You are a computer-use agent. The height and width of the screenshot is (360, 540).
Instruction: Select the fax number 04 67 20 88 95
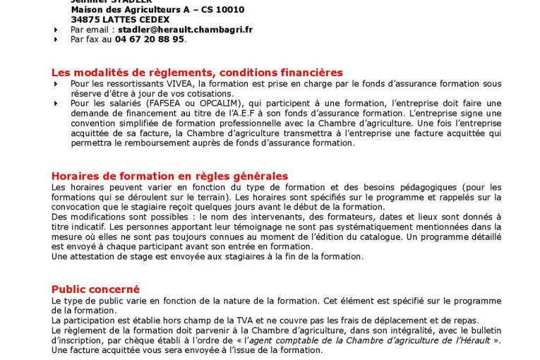[x=150, y=40]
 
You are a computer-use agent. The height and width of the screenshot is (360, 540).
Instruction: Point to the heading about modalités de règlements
[x=197, y=72]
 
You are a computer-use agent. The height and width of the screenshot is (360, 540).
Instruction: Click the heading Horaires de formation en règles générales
[x=169, y=176]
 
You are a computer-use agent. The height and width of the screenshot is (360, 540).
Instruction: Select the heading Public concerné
[x=95, y=289]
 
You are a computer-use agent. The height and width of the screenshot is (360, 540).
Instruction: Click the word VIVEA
[x=162, y=83]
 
